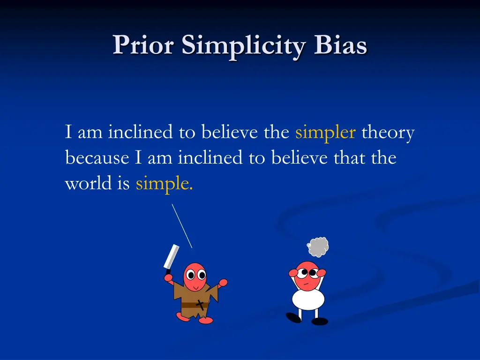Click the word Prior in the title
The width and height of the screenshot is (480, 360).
click(143, 45)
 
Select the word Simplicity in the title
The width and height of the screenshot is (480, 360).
click(244, 46)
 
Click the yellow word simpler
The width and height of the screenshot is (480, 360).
click(325, 133)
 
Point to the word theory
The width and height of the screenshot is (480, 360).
click(388, 133)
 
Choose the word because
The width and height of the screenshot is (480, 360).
click(97, 158)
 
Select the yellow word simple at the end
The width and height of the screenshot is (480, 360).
click(164, 184)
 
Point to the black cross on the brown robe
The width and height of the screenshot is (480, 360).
click(201, 305)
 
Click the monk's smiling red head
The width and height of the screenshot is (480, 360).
click(195, 277)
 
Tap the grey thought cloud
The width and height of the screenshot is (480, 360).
click(319, 247)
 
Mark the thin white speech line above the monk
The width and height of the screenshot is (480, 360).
click(182, 225)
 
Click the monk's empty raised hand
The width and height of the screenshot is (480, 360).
click(223, 282)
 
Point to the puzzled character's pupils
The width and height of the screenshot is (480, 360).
click(307, 273)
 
